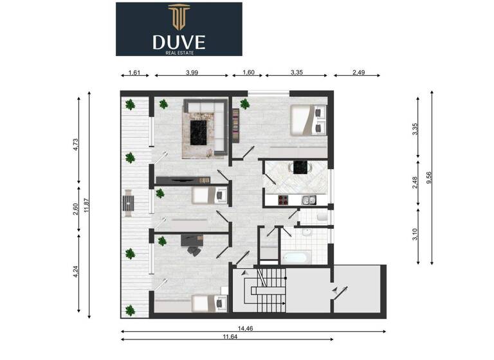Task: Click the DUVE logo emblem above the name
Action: click(x=178, y=17)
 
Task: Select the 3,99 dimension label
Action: click(x=191, y=73)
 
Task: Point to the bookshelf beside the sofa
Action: click(x=235, y=123)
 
